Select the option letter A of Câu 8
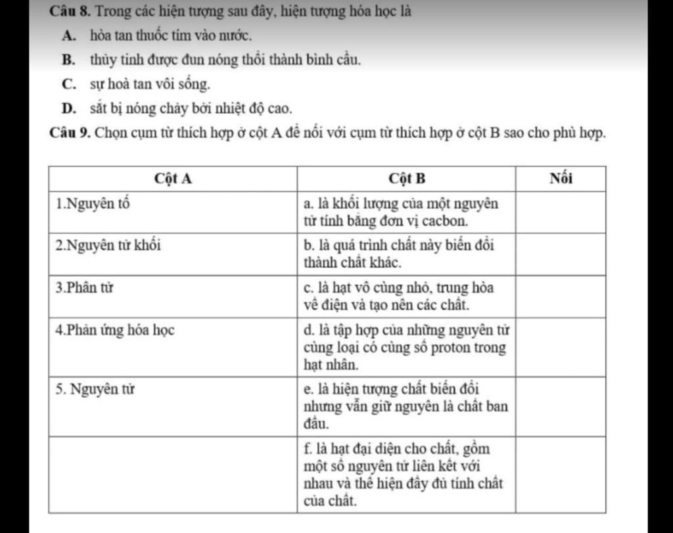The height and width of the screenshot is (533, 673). tap(68, 36)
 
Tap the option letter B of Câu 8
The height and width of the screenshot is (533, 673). tap(68, 60)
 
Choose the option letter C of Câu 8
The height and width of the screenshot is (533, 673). tap(68, 84)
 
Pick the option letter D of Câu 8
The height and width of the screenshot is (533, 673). tap(68, 108)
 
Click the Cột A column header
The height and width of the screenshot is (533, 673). tap(173, 179)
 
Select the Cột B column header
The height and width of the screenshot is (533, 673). tap(407, 179)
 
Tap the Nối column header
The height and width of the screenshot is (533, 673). tap(560, 179)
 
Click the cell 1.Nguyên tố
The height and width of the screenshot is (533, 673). tap(93, 203)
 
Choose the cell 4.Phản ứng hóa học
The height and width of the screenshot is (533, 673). tap(115, 330)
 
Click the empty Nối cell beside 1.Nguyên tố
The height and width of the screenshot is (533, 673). tap(560, 212)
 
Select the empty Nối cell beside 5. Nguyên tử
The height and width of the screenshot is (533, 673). tap(560, 406)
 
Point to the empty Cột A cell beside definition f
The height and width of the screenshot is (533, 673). tap(173, 473)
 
